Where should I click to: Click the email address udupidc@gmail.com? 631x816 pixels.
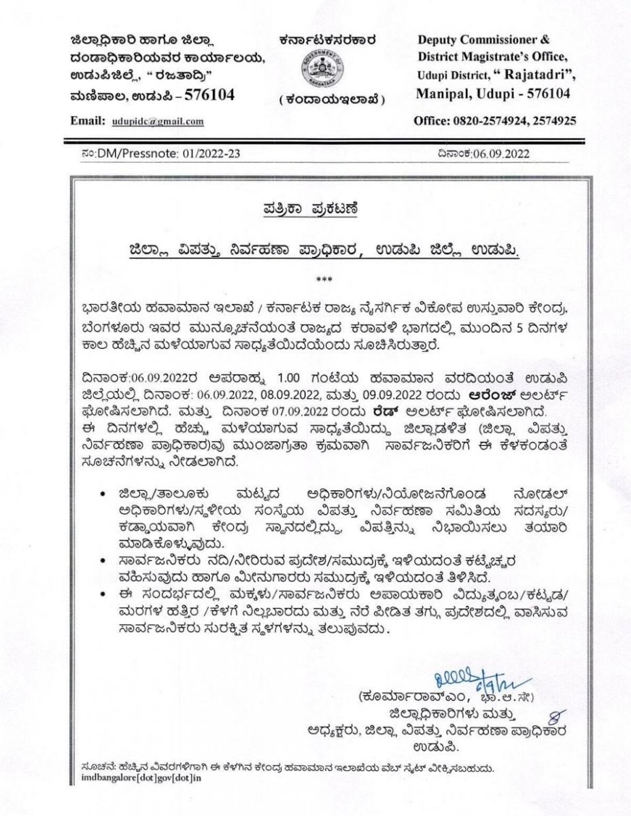(x=158, y=121)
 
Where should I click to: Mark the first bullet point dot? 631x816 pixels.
(x=102, y=492)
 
